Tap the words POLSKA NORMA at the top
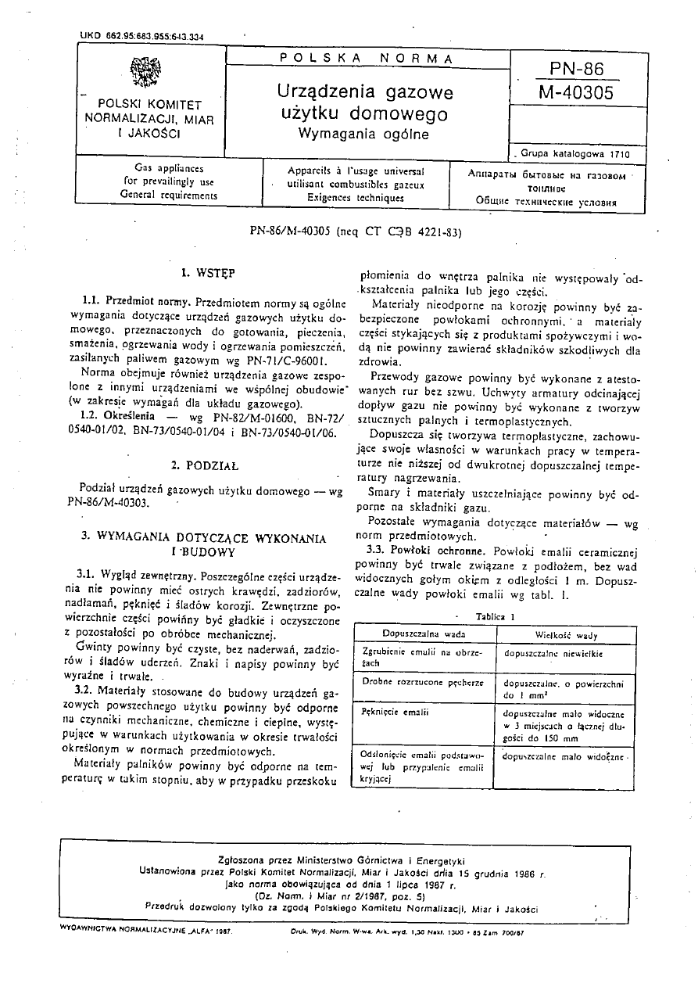(366, 58)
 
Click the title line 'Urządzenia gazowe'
(365, 92)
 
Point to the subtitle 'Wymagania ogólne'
(365, 133)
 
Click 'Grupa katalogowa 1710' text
(570, 155)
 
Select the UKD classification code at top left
(142, 36)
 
